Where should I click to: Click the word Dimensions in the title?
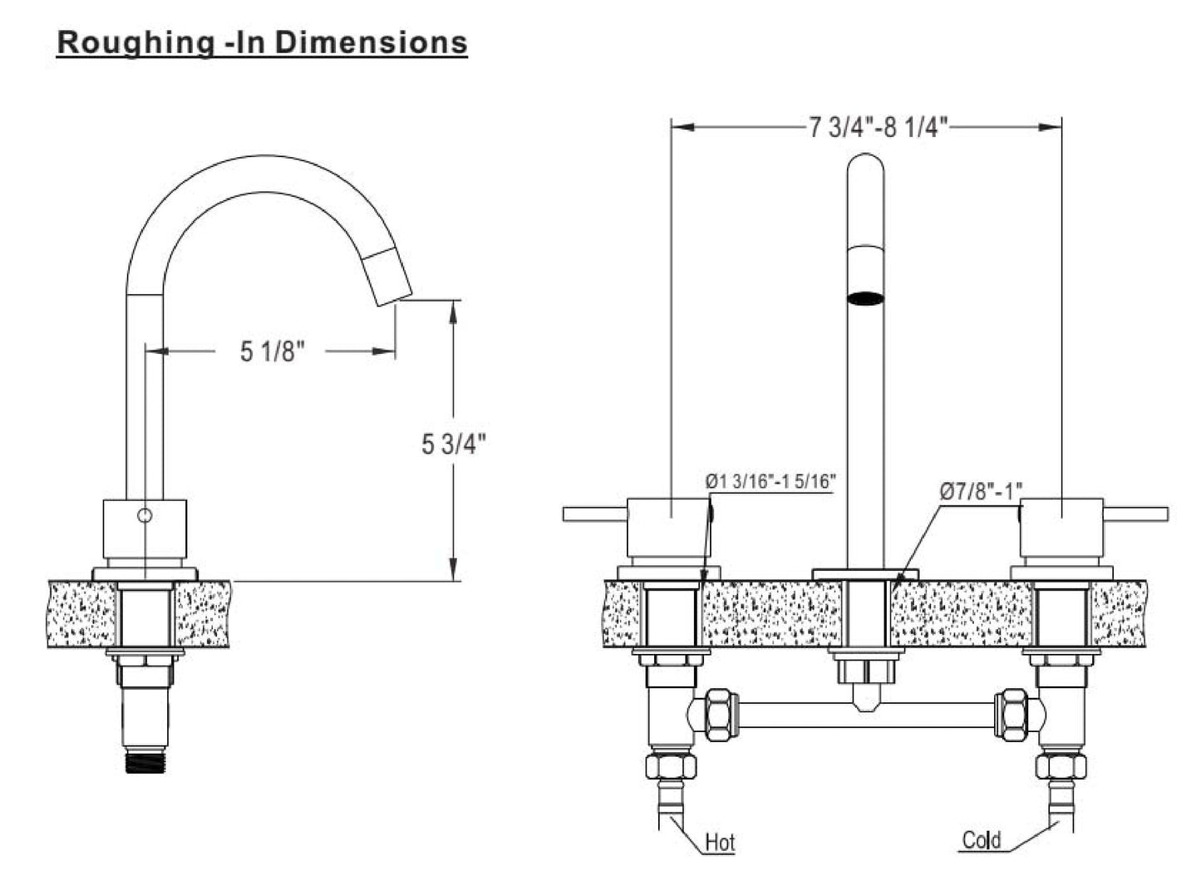pyautogui.click(x=371, y=42)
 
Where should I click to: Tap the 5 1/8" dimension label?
pyautogui.click(x=272, y=351)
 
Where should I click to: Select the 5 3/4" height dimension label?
pyautogui.click(x=454, y=444)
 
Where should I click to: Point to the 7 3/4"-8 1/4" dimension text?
pyautogui.click(x=879, y=128)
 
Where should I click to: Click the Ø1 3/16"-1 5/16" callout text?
pyautogui.click(x=770, y=481)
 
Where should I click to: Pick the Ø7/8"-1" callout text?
pyautogui.click(x=982, y=491)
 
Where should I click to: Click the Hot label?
pyautogui.click(x=720, y=843)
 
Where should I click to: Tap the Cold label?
pyautogui.click(x=982, y=839)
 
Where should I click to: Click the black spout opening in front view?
pyautogui.click(x=865, y=298)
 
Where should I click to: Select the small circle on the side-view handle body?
pyautogui.click(x=145, y=515)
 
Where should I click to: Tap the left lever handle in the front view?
pyautogui.click(x=595, y=514)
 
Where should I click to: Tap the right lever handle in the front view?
pyautogui.click(x=1135, y=514)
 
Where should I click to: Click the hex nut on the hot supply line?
pyautogui.click(x=672, y=766)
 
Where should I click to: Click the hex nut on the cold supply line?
pyautogui.click(x=1061, y=766)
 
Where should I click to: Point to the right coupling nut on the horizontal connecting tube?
pyautogui.click(x=1011, y=715)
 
